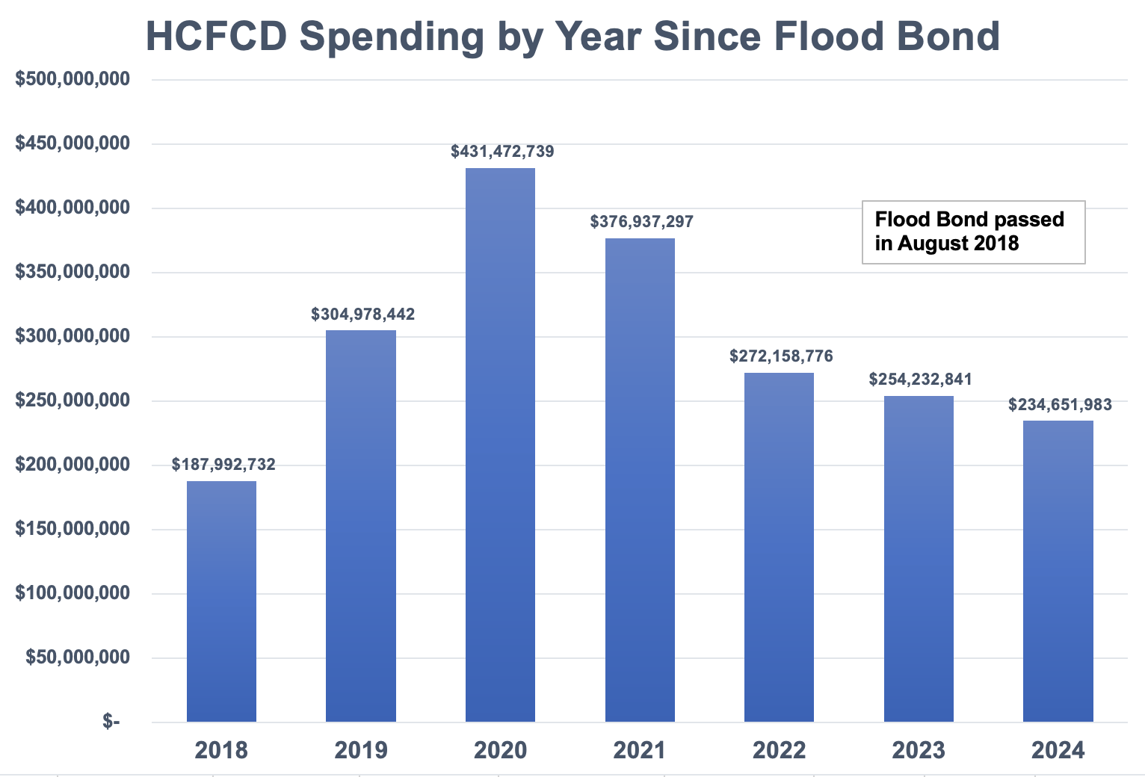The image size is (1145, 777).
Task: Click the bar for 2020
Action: click(500, 445)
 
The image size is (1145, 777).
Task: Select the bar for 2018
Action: click(221, 601)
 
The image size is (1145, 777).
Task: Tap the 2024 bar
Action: click(1058, 571)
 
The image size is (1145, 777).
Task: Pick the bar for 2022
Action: click(779, 547)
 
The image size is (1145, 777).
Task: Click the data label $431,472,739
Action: click(502, 152)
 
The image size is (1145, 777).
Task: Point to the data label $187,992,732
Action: click(223, 465)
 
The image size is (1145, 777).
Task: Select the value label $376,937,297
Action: click(641, 222)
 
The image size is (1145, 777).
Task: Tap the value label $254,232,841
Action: click(920, 380)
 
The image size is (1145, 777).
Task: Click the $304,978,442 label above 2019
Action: click(362, 315)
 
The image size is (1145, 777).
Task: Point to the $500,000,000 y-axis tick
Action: click(72, 79)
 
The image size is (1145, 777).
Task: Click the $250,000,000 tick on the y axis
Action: click(72, 400)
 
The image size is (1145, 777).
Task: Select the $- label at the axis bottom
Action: click(111, 722)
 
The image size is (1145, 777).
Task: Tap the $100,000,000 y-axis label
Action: click(72, 593)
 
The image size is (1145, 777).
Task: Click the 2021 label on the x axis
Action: click(640, 750)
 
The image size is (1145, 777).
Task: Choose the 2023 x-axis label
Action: click(919, 750)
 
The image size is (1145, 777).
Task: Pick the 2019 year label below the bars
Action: click(361, 750)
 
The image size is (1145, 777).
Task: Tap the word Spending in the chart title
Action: click(392, 36)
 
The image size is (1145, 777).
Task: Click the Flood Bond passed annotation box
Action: click(973, 232)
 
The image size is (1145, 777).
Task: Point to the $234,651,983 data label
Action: click(1060, 405)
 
